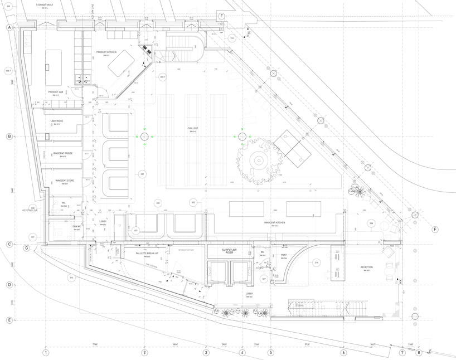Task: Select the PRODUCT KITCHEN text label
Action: tap(106, 52)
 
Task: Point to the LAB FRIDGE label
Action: tap(56, 121)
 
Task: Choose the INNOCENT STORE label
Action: tap(65, 181)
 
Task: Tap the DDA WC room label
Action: tap(77, 227)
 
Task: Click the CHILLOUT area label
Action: tap(193, 128)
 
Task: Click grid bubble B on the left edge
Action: tap(9, 137)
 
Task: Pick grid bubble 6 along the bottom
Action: tap(343, 352)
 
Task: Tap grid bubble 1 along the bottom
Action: tap(46, 352)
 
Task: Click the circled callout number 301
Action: tap(142, 174)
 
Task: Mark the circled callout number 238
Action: tap(371, 223)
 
